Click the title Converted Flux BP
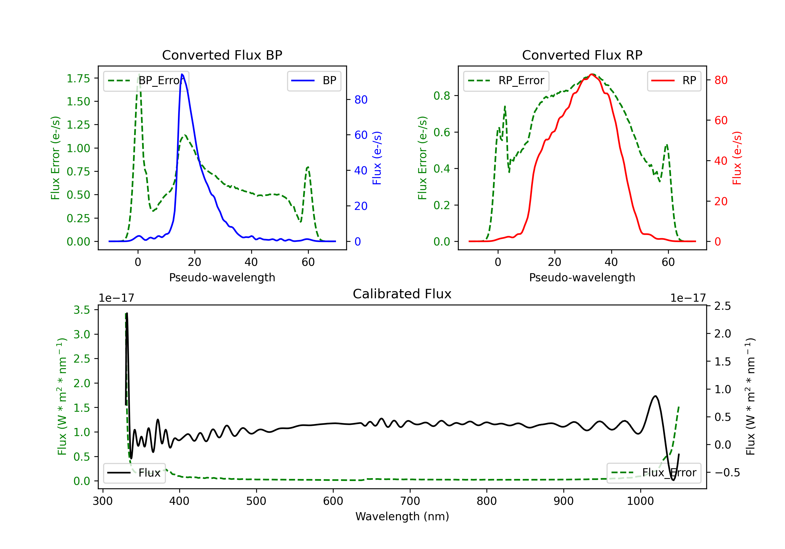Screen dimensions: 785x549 (x=222, y=55)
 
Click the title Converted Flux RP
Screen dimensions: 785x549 (x=582, y=55)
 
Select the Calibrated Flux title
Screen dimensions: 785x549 (x=402, y=294)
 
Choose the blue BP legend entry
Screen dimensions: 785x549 (x=314, y=81)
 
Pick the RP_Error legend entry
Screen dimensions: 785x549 (x=506, y=81)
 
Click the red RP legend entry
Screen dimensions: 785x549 (x=674, y=81)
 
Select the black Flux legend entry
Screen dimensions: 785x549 (x=134, y=473)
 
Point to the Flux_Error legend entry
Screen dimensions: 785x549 (x=654, y=473)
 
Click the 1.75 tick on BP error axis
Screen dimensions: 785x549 (x=78, y=79)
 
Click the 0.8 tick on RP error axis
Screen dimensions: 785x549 (x=442, y=96)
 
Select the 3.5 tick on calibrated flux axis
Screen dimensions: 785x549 (x=82, y=310)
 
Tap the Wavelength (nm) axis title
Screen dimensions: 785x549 (x=402, y=517)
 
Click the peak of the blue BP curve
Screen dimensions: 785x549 (x=182, y=74)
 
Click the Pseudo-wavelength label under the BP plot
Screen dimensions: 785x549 (x=222, y=277)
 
